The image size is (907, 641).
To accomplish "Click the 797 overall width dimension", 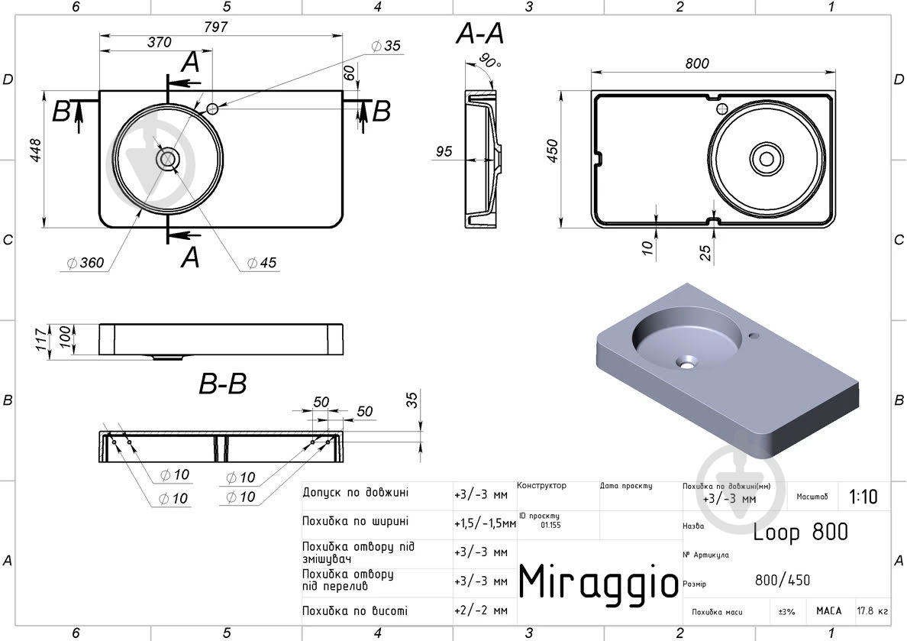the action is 216,27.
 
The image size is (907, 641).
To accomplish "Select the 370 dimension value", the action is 159,42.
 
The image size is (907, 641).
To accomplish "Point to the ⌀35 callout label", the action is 386,46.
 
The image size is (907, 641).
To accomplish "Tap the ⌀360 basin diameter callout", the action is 85,263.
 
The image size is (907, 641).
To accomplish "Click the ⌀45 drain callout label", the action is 261,263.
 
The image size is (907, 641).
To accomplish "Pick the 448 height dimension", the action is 35,151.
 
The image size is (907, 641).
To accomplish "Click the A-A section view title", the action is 479,34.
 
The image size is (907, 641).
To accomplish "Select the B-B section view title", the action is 223,384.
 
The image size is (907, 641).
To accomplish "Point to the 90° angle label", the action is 489,60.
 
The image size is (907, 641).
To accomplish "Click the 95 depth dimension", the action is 444,151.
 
